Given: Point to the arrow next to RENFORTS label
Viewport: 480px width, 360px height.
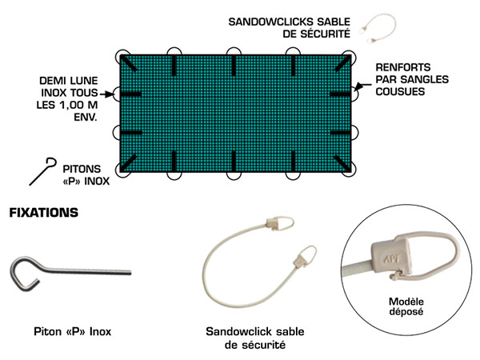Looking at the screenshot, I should tap(366, 82).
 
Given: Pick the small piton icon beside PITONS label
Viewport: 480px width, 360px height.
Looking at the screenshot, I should tap(42, 170).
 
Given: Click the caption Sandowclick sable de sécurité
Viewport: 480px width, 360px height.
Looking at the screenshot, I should tap(256, 337).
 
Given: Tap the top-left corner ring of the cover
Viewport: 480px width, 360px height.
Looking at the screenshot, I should tap(123, 58).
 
